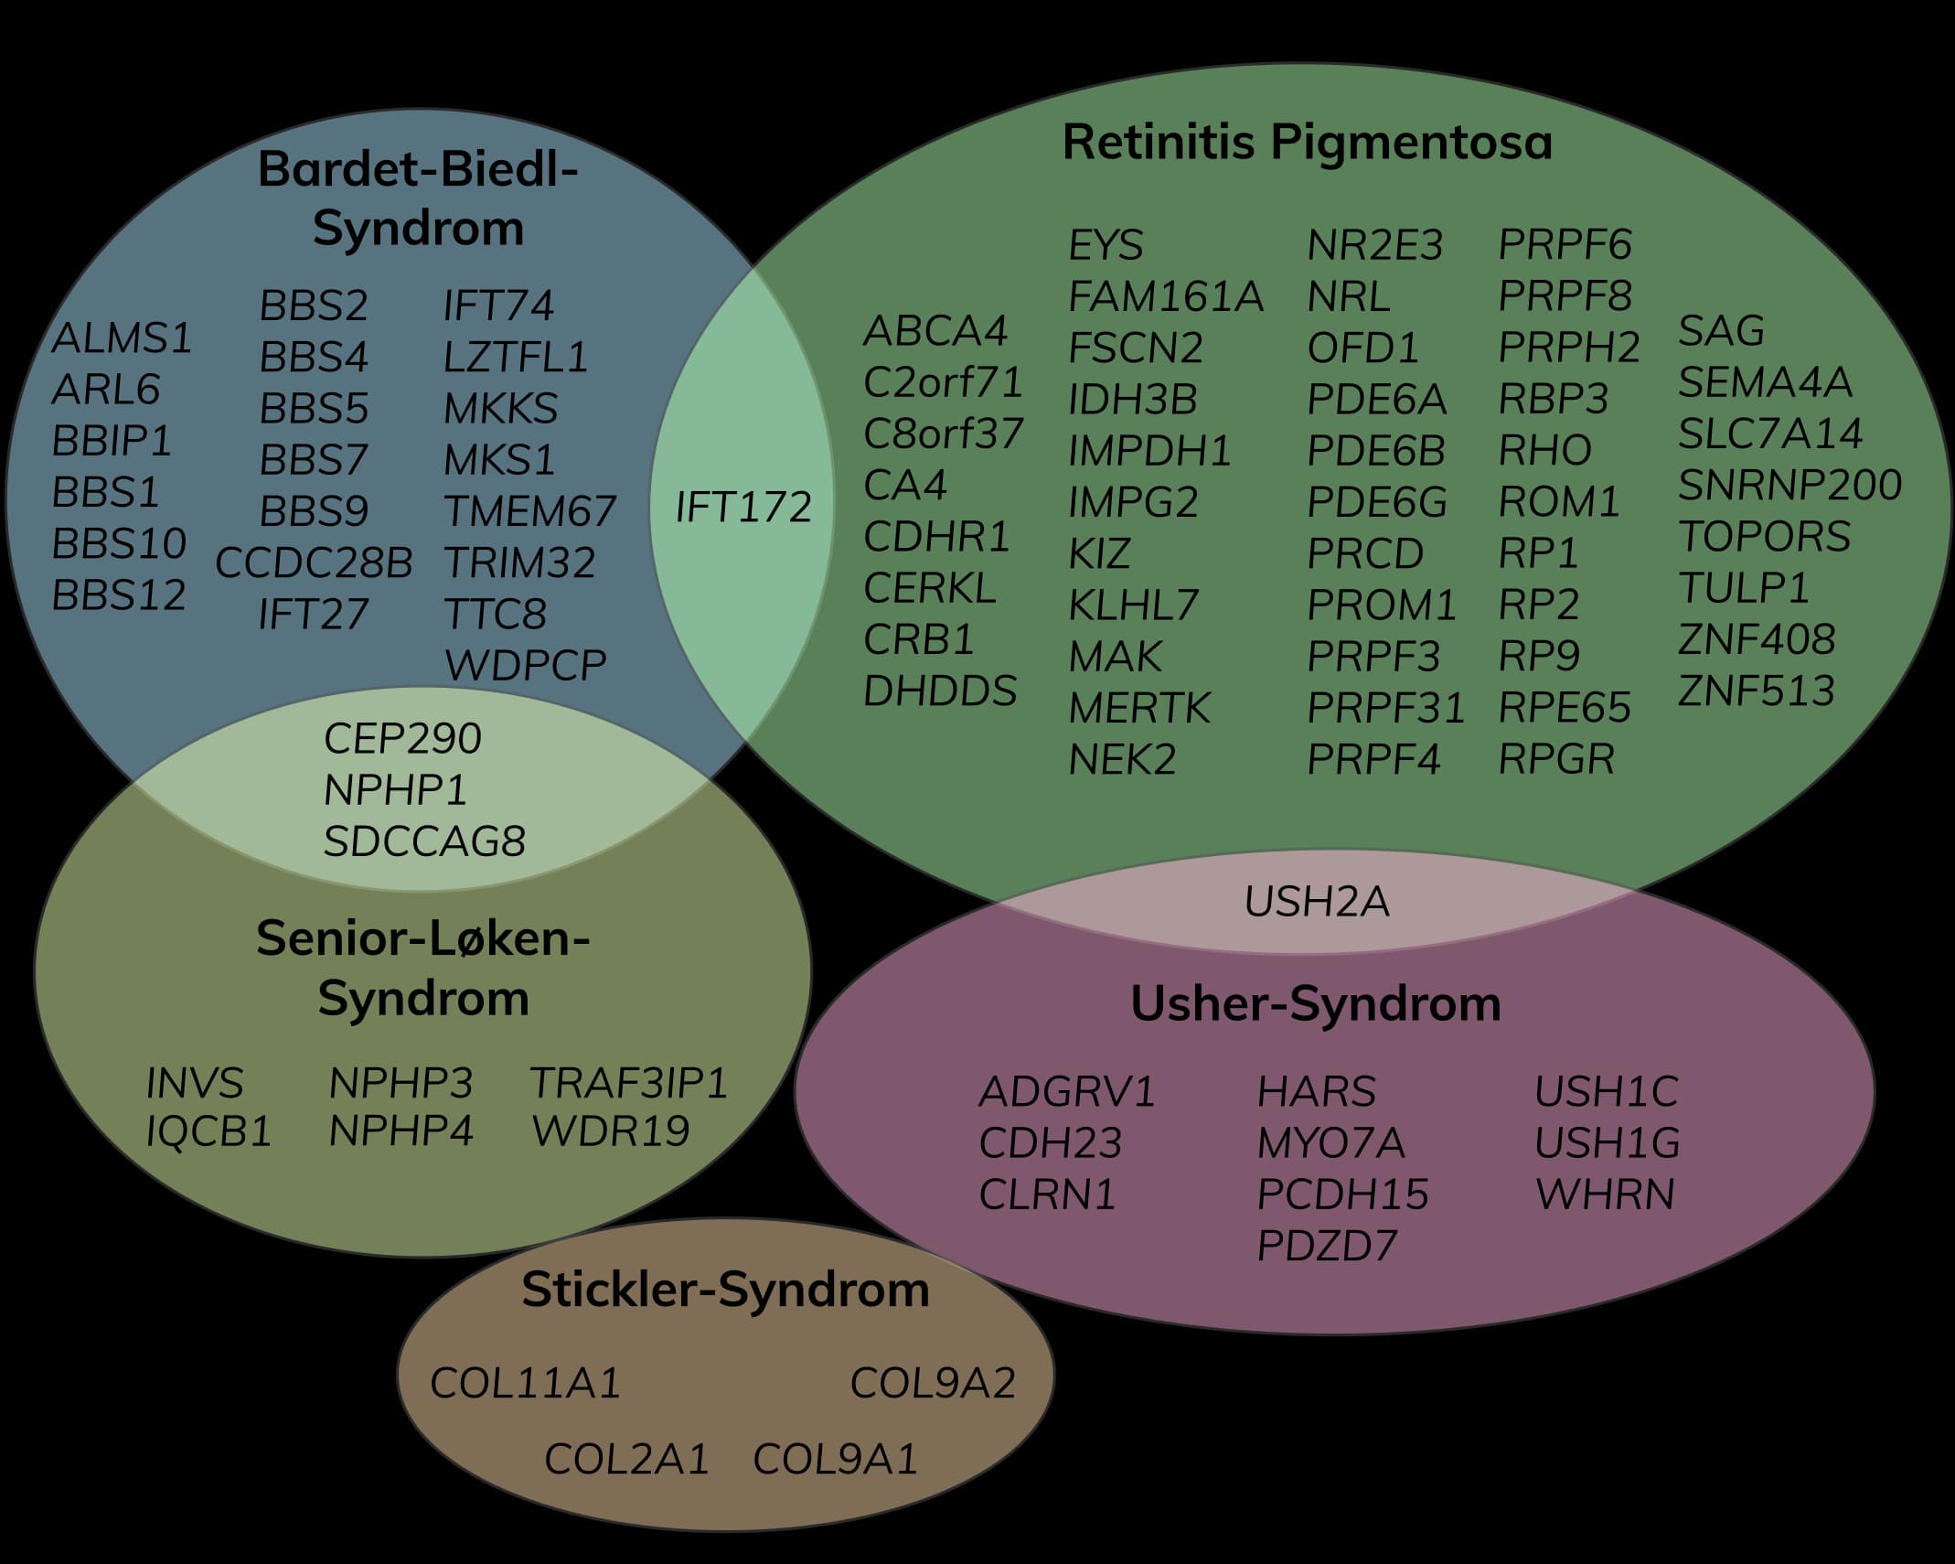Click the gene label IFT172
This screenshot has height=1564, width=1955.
743,508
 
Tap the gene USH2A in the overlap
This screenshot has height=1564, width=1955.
1316,902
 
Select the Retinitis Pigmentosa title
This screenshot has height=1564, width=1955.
1307,144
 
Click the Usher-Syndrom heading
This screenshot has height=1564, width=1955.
1315,1004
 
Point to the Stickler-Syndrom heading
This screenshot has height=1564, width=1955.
725,1290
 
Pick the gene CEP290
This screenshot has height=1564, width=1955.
402,739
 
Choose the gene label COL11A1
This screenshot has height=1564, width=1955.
525,1384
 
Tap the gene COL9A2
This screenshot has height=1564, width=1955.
933,1384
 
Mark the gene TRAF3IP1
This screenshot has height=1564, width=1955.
629,1084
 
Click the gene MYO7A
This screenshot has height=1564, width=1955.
1330,1143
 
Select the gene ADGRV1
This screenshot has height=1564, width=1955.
1067,1092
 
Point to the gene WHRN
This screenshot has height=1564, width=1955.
1605,1194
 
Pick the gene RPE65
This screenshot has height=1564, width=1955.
1565,708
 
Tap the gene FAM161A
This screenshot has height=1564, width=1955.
1166,297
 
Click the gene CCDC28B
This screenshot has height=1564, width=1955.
314,563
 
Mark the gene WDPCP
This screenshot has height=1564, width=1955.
525,666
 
